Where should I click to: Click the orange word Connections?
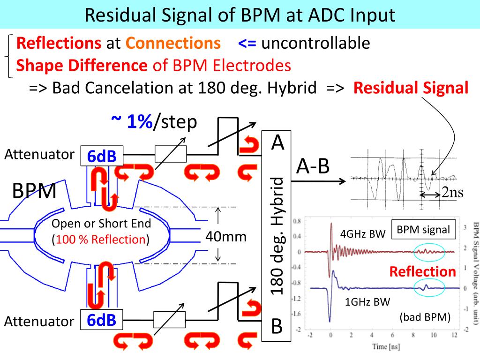point(173,44)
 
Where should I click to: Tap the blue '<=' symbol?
point(247,44)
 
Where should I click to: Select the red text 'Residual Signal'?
point(411,88)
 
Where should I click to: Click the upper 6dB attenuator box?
point(102,156)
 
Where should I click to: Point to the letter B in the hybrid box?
point(277,325)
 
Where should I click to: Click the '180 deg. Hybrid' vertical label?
point(278,236)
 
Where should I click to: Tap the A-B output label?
point(313,166)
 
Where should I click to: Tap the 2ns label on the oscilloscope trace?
point(452,193)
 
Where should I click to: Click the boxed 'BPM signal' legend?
point(423,230)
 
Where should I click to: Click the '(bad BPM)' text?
point(425,317)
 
